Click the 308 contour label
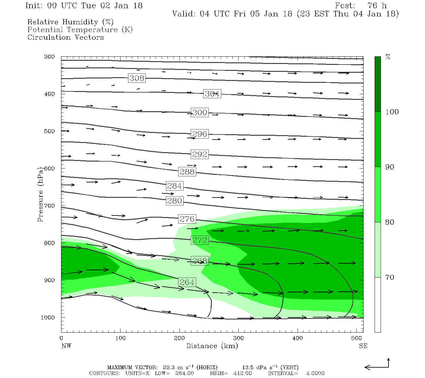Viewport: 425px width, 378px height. click(x=137, y=78)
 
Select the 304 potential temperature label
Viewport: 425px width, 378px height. click(x=212, y=94)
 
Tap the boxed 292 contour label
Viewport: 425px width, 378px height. click(x=200, y=154)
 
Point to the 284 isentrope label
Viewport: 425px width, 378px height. click(x=174, y=186)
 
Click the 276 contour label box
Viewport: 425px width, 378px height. click(x=187, y=219)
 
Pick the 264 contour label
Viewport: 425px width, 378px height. click(x=187, y=282)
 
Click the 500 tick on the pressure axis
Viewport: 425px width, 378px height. click(x=49, y=131)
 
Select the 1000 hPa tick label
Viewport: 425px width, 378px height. click(x=48, y=318)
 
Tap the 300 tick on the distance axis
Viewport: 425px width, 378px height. click(x=238, y=338)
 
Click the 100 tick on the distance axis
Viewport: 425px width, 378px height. click(x=120, y=338)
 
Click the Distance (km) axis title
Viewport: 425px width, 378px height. click(x=212, y=346)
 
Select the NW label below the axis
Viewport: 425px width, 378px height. click(x=66, y=346)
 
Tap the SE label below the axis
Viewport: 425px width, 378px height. click(x=363, y=346)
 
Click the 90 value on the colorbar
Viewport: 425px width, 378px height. click(x=390, y=167)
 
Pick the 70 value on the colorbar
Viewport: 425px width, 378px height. click(x=390, y=277)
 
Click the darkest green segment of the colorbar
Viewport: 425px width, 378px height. click(x=377, y=84)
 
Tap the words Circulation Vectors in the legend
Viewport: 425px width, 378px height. click(x=65, y=37)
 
